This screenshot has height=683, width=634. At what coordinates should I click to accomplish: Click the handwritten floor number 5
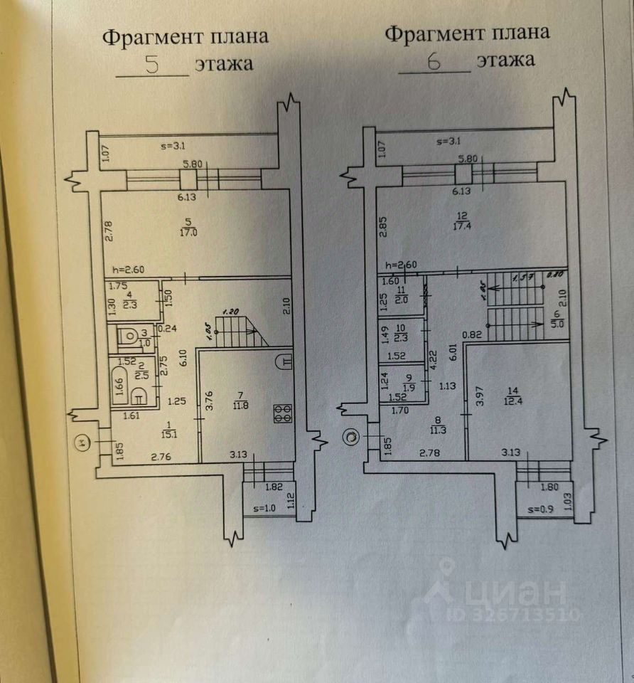point(151,65)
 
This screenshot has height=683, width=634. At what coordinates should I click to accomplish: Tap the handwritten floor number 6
point(434,62)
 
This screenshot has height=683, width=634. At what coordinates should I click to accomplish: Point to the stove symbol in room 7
point(283,414)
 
